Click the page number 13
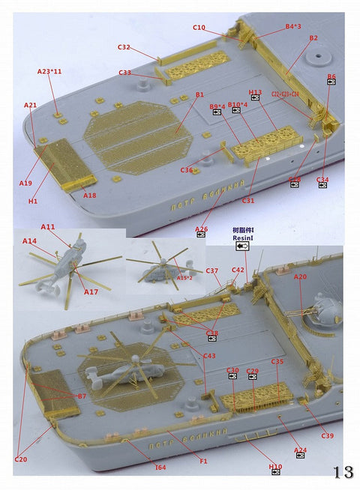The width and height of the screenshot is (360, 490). pos(343,472)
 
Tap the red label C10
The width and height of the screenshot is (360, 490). pos(199,28)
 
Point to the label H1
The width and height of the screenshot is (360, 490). pos(33,201)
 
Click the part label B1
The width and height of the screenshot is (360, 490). pos(199,95)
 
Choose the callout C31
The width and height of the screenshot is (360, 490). pos(249,200)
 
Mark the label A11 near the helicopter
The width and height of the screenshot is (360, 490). pos(48,226)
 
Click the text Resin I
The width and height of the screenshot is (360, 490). pos(244,238)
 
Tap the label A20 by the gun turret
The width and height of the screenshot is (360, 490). pos(300,276)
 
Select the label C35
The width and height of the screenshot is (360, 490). pos(277,362)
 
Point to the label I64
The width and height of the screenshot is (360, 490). pos(160,468)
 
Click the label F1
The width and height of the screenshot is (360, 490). pos(203,462)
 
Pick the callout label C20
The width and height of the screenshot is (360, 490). pos(20,459)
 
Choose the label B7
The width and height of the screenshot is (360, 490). pos(82,395)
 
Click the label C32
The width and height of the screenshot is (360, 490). pos(124,47)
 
